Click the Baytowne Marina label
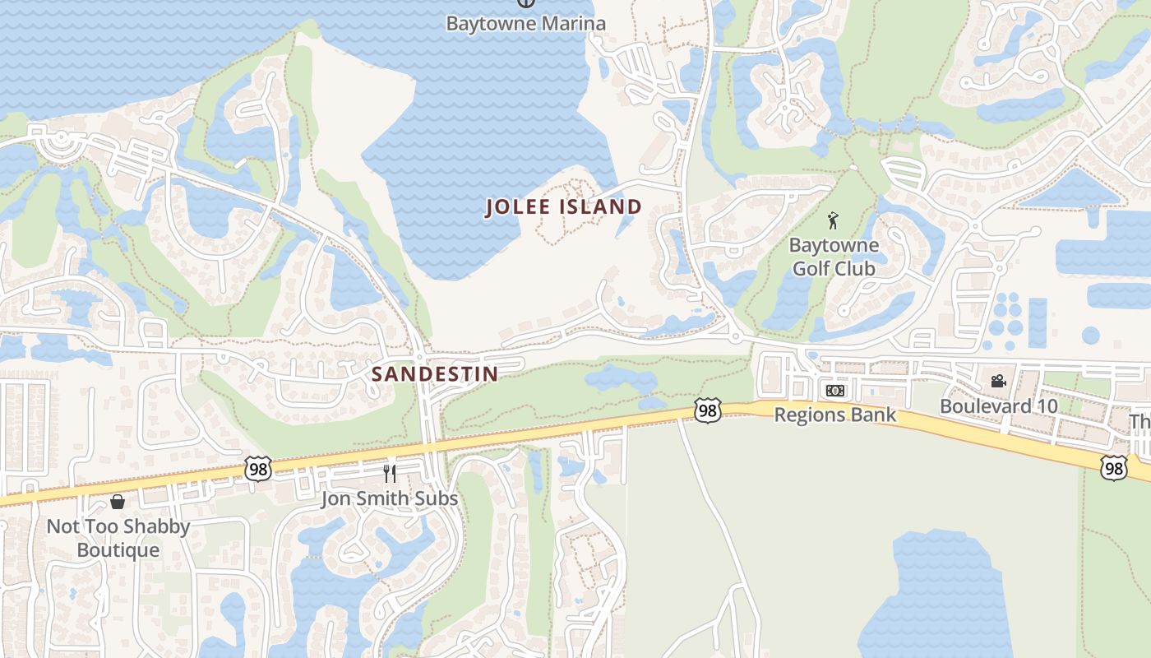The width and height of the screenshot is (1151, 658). click(x=525, y=23)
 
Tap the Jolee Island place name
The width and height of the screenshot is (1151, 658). click(x=563, y=207)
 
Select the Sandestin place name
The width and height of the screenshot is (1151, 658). click(x=435, y=374)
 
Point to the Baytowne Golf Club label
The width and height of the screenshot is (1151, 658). click(x=834, y=257)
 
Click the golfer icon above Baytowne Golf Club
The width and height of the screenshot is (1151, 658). click(x=833, y=220)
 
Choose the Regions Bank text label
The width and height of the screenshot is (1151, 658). click(x=834, y=415)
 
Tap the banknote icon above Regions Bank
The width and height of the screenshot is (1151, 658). click(x=834, y=391)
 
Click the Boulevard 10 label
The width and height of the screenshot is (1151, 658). click(x=998, y=406)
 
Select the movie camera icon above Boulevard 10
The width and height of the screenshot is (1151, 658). click(x=998, y=381)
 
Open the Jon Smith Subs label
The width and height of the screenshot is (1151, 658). click(x=389, y=498)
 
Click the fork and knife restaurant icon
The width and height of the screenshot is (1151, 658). click(x=390, y=473)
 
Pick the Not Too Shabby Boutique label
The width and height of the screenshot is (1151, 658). click(x=118, y=537)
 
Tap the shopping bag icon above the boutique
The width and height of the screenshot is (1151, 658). click(x=118, y=502)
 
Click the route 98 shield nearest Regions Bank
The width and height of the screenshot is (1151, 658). click(x=707, y=410)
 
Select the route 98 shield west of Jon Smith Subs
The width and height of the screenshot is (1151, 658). click(x=257, y=469)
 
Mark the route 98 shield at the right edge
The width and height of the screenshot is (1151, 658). click(x=1113, y=468)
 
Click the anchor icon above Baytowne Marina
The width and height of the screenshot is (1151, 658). click(x=525, y=2)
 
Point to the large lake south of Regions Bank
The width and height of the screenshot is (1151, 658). click(x=937, y=600)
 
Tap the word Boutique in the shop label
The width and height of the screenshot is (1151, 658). click(x=118, y=549)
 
